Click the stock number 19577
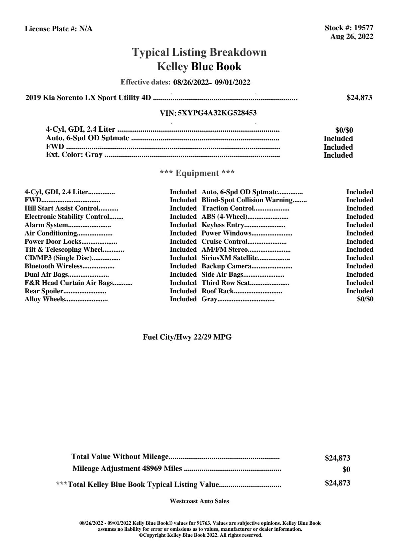pyautogui.click(x=363, y=28)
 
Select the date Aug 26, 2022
pyautogui.click(x=351, y=37)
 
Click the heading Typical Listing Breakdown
pyautogui.click(x=199, y=52)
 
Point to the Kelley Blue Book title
pyautogui.click(x=199, y=67)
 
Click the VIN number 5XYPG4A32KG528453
pyautogui.click(x=217, y=113)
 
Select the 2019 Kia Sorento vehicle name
pyautogui.click(x=88, y=98)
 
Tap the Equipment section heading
pyautogui.click(x=197, y=173)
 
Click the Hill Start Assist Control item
pyautogui.click(x=61, y=209)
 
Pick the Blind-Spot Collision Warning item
pyautogui.click(x=247, y=200)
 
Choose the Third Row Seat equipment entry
pyautogui.click(x=226, y=283)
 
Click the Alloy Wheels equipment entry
pyautogui.click(x=45, y=299)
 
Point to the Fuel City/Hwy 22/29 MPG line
pyautogui.click(x=187, y=337)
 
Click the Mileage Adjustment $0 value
pyautogui.click(x=346, y=470)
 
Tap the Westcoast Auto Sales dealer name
pyautogui.click(x=199, y=501)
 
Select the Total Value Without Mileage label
pyautogui.click(x=120, y=457)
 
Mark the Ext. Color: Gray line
pyautogui.click(x=74, y=155)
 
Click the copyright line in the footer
pyautogui.click(x=200, y=535)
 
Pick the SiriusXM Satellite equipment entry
pyautogui.click(x=230, y=258)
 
